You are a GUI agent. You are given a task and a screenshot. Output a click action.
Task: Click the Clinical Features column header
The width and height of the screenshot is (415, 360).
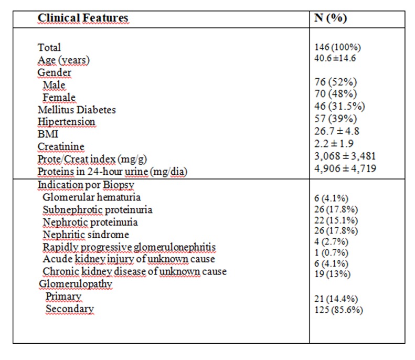coord(83,18)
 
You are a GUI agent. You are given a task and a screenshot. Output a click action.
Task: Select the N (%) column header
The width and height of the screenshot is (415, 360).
coord(331,18)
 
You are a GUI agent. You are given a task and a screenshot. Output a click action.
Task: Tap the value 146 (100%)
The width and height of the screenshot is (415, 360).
coord(337,47)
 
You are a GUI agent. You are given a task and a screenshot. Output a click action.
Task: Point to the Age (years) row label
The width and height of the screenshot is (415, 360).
coord(63,60)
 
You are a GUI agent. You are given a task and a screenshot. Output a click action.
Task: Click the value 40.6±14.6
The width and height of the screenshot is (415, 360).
coord(335,58)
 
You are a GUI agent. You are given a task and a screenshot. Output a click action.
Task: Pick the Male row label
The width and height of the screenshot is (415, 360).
coord(54,85)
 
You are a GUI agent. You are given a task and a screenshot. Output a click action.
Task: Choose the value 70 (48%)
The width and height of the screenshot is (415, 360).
coord(336,94)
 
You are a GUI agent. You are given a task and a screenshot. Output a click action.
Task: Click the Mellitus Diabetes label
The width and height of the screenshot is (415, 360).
coord(77,110)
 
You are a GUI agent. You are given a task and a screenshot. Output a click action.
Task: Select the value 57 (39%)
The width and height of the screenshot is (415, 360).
coord(336,119)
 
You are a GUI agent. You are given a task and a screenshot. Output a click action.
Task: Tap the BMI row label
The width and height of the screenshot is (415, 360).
coord(48,134)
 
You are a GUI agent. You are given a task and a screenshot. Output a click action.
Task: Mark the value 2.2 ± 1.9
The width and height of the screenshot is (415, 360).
coord(334,144)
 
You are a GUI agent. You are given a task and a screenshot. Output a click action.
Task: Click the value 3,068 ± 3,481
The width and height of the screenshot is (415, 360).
coord(345,156)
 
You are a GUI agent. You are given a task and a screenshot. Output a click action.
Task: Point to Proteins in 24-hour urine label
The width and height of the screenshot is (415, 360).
coord(112,172)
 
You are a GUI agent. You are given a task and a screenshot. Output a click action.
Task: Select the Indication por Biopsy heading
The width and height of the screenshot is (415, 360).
coord(86,185)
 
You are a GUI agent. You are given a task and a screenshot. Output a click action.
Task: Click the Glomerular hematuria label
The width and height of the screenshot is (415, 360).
coord(92,197)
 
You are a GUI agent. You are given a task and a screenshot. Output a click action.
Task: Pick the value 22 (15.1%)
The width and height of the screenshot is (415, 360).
coord(336,220)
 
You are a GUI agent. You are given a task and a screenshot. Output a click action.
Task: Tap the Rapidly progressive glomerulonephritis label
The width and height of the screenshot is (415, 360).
coord(129,247)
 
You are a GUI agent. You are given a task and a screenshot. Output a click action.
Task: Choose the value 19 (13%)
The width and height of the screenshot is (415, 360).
coord(333,274)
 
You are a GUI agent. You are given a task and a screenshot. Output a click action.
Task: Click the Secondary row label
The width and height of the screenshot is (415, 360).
coord(70,309)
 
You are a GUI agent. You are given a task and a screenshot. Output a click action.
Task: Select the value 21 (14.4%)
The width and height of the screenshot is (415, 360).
coord(336,299)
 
